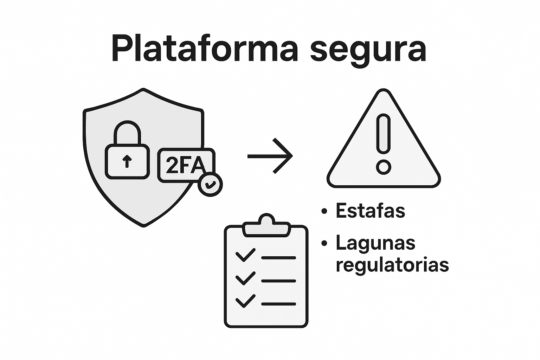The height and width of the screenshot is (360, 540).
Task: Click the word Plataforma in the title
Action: click(205, 48)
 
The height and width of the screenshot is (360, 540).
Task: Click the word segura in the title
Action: click(368, 50)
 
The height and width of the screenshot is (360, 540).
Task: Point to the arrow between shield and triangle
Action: click(270, 156)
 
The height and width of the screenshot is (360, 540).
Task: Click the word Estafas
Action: click(371, 211)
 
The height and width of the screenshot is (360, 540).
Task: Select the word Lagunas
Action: click(375, 243)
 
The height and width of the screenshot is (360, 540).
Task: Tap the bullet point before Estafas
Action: click(324, 211)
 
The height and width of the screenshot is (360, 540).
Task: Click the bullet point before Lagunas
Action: click(324, 243)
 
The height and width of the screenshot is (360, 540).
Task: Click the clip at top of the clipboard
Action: click(266, 225)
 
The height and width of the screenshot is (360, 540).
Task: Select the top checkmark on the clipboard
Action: click(245, 255)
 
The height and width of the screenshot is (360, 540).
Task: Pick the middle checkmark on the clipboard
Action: click(245, 278)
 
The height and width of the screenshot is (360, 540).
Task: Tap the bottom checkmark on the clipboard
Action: click(245, 301)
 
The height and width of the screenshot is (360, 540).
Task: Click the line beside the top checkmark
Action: click(278, 258)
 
